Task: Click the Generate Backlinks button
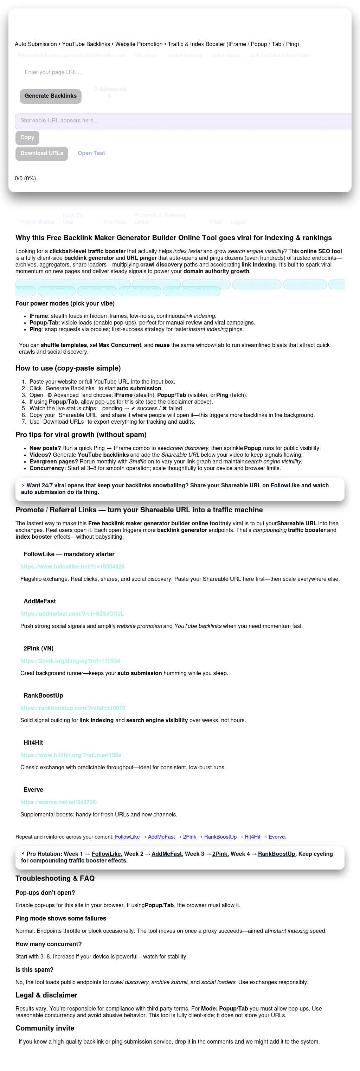coord(50,96)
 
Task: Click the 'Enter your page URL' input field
coord(125,72)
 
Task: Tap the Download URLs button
coord(41,153)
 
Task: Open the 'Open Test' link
coord(91,153)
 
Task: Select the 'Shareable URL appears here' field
coord(183,121)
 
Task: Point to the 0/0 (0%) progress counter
coord(25,178)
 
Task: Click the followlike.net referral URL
coord(72,566)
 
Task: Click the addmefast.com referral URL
coord(72,614)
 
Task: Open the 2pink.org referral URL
coord(70,661)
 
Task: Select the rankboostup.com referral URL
coord(73,708)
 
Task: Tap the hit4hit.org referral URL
coord(71,755)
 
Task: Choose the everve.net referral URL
coord(59,802)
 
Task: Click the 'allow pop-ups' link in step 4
coord(98,402)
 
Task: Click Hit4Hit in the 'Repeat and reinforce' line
coord(252,837)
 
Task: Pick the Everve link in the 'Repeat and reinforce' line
coord(276,837)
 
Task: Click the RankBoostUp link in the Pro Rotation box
coord(276,854)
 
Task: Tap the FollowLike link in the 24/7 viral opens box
coord(285,485)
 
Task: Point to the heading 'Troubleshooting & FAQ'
coord(55,878)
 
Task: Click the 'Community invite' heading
coord(45,1028)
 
